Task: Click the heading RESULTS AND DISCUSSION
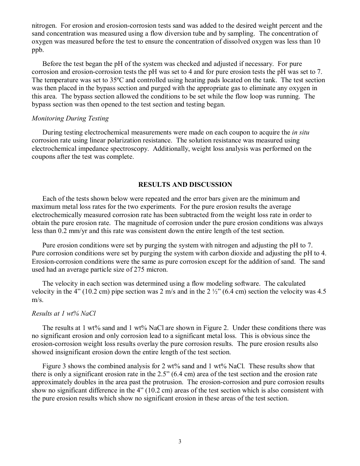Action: point(185,185)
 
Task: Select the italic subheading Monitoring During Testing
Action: point(70,118)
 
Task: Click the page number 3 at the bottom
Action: point(180,441)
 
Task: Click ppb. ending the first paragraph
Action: point(38,50)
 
